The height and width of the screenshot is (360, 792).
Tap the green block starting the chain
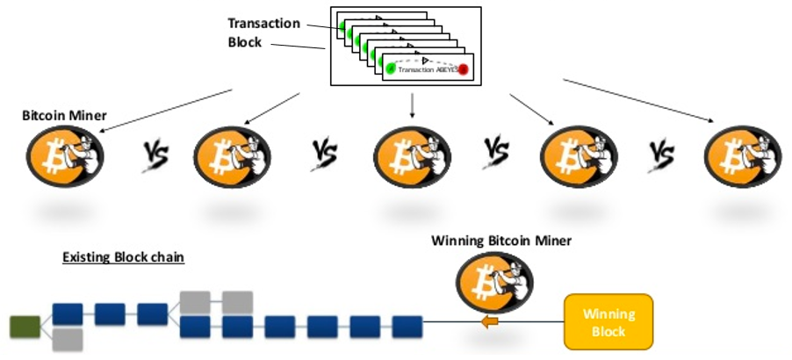(x=24, y=327)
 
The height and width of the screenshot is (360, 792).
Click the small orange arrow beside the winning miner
(x=489, y=323)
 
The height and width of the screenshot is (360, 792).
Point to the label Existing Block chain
(x=122, y=258)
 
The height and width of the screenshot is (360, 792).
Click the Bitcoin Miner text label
(x=59, y=116)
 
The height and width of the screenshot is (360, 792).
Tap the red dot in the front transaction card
(x=463, y=69)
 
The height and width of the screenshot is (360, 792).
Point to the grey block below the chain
(x=68, y=340)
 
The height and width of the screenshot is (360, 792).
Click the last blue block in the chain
(x=407, y=327)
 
